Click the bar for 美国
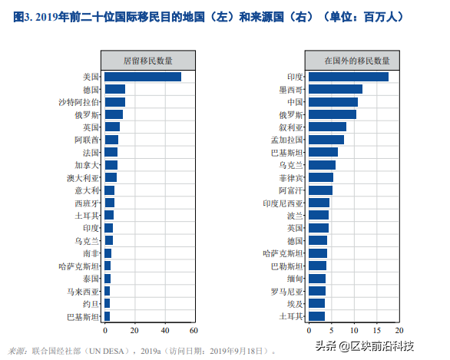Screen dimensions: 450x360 tap(143, 77)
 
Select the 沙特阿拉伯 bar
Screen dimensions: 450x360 tap(114, 102)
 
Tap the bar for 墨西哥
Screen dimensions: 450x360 tap(336, 89)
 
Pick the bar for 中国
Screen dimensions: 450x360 tap(333, 102)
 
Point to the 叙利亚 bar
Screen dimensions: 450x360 tap(327, 127)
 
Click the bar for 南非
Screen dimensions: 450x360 tap(108, 253)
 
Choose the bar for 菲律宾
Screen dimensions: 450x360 tap(321, 177)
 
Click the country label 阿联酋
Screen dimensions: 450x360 tap(87, 140)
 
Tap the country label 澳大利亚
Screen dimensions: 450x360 tap(83, 178)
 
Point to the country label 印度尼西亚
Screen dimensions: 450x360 tap(283, 203)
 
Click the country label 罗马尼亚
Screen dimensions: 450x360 tap(287, 292)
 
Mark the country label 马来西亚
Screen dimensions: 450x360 tap(83, 292)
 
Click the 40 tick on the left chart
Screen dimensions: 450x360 tap(165, 331)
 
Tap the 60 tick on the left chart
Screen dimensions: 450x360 tap(194, 331)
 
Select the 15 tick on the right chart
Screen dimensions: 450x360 tap(377, 331)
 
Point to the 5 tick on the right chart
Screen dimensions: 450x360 tap(332, 331)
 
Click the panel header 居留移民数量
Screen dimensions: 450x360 tap(148, 61)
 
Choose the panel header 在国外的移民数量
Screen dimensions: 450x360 tap(357, 61)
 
